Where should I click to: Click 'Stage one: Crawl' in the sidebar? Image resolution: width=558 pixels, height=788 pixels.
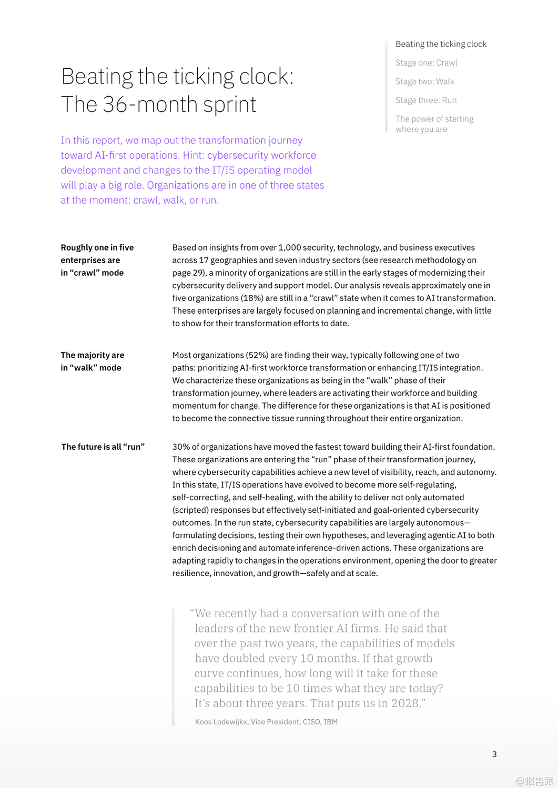click(426, 63)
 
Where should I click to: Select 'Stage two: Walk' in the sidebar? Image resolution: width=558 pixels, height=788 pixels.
click(424, 81)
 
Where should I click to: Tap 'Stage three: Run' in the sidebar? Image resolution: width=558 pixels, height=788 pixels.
click(426, 100)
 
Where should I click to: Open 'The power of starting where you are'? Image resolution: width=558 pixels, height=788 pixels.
click(434, 124)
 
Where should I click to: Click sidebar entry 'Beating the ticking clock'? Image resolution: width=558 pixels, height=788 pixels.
click(441, 44)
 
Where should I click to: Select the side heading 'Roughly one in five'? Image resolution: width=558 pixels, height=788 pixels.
click(97, 247)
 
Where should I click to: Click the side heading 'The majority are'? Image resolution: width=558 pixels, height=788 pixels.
click(93, 355)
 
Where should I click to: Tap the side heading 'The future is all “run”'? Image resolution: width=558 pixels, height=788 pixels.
click(103, 447)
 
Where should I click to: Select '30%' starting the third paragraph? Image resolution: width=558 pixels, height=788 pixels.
click(181, 447)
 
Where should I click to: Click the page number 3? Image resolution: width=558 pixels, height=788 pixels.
click(494, 754)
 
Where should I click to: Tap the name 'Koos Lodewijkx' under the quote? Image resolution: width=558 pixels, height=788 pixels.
click(221, 722)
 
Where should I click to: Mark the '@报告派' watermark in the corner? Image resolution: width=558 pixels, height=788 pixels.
click(534, 781)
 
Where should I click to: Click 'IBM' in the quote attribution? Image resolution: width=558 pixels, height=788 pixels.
click(331, 722)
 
